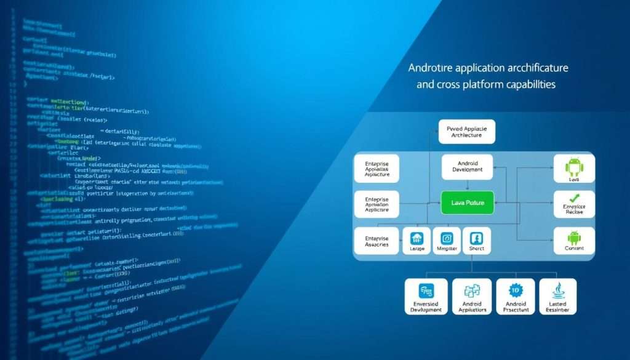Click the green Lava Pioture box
[468, 202]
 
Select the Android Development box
[468, 167]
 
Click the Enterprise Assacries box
[377, 241]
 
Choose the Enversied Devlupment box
[426, 297]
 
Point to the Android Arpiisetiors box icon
[472, 291]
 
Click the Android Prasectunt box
[516, 297]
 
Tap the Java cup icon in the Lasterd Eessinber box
[557, 290]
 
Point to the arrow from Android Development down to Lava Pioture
[467, 185]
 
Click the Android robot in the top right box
[573, 164]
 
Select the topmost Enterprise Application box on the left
[377, 167]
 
